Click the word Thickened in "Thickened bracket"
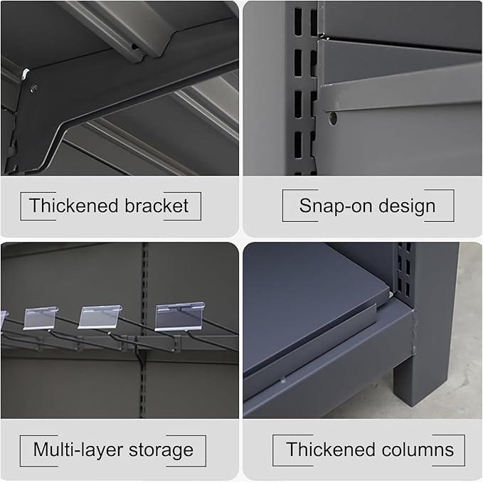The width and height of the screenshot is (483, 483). point(74,206)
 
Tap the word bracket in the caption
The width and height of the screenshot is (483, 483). point(156,206)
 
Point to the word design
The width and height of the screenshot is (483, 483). point(407,206)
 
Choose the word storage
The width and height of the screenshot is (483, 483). point(161,451)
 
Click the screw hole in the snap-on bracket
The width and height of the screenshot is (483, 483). point(333,118)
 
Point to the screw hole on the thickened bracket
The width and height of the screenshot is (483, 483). point(33,88)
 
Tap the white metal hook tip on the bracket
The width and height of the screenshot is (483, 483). point(25,74)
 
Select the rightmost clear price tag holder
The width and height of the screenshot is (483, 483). point(180,317)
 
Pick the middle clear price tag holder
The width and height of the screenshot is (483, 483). point(100,317)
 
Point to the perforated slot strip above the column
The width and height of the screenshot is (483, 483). point(404,271)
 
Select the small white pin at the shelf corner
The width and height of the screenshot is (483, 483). point(391,294)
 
